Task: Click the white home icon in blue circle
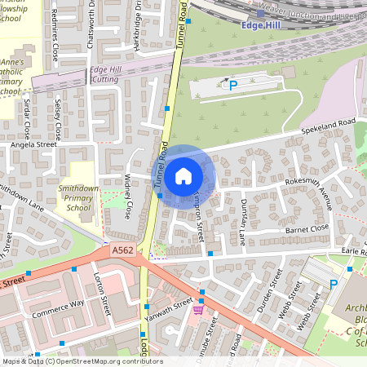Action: coord(183,175)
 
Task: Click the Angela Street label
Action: coord(33,144)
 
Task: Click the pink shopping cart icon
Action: coord(198,310)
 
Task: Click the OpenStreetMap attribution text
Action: coord(82,361)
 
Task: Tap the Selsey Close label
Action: coord(58,117)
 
